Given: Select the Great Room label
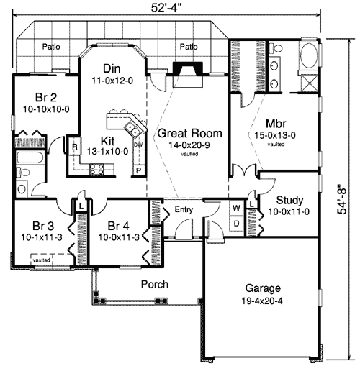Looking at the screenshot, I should click(189, 133).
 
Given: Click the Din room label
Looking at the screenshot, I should click(111, 68).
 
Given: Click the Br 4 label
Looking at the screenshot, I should click(112, 223).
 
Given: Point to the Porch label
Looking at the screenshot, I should click(154, 284).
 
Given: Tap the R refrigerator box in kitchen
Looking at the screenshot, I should click(74, 147).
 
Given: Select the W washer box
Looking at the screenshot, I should click(235, 209).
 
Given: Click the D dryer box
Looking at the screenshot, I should click(235, 223).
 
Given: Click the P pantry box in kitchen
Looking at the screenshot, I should click(138, 170).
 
